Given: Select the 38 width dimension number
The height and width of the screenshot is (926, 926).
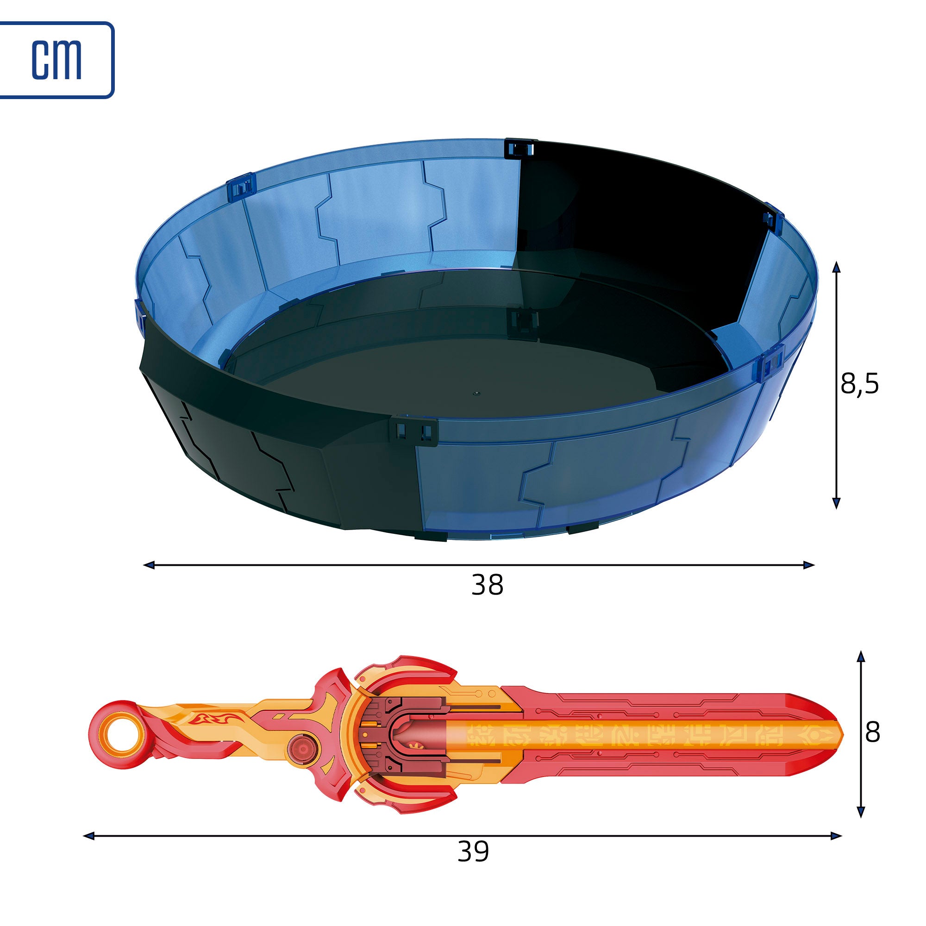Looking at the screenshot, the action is click(488, 585).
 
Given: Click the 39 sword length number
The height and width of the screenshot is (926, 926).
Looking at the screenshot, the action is click(473, 851).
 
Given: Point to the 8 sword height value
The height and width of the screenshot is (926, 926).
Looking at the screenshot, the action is click(873, 732).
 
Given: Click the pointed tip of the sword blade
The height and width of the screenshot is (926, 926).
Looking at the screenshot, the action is click(843, 733).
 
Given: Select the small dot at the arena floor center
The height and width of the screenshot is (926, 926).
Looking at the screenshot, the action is click(476, 393).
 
